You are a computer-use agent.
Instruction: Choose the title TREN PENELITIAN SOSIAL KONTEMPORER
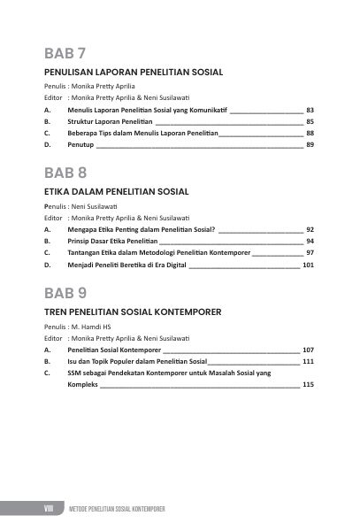coord(132,312)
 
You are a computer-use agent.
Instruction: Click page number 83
coord(310,109)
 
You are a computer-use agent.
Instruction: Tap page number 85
coord(310,120)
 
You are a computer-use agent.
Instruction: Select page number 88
coord(310,132)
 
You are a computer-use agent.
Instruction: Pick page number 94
coord(310,241)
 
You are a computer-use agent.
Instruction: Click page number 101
coord(308,264)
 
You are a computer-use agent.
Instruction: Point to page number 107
coord(308,350)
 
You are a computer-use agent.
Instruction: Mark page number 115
coord(308,385)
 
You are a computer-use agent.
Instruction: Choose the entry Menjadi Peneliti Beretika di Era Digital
coord(126,264)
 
